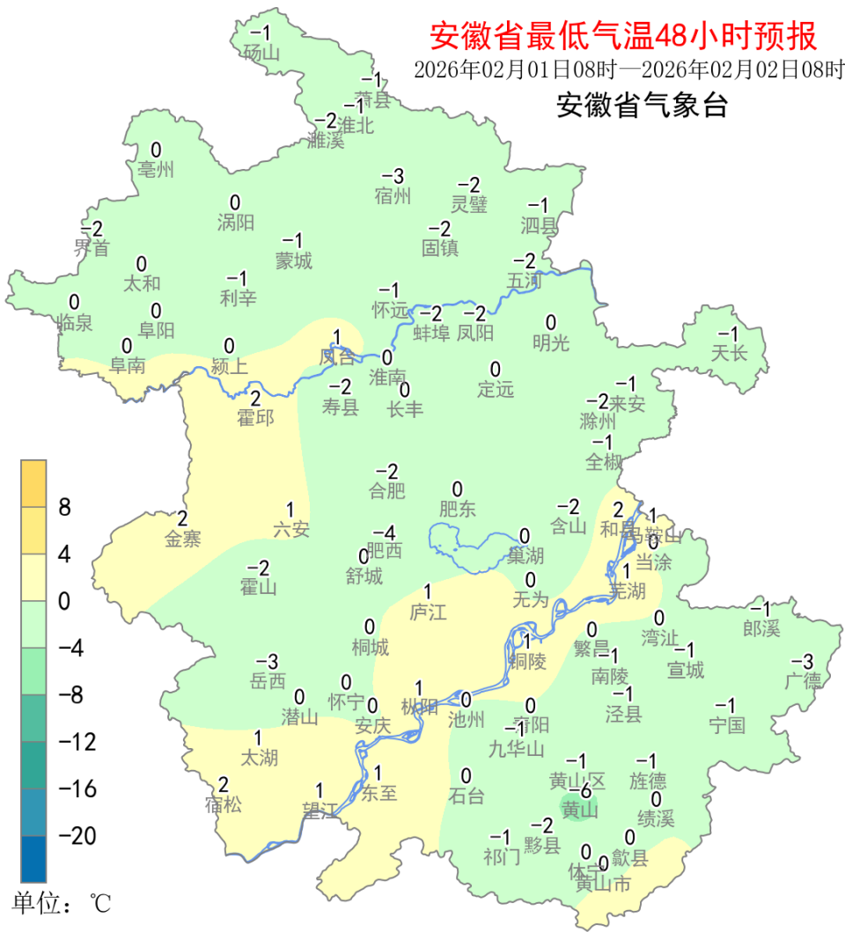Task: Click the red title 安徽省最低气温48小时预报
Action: (x=623, y=36)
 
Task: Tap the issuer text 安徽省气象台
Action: (x=642, y=106)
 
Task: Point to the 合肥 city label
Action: (x=387, y=491)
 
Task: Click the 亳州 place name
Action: (x=157, y=169)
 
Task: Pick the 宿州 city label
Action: (x=393, y=195)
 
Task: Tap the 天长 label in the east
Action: (x=729, y=354)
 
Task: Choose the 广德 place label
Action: (x=802, y=680)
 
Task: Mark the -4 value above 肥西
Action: (x=384, y=532)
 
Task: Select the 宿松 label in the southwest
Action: (x=223, y=803)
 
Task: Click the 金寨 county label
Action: (x=183, y=539)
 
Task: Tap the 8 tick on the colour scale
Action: (x=64, y=508)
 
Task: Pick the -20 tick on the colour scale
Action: (x=77, y=835)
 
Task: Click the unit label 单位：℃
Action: (x=62, y=903)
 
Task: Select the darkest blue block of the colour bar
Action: (x=33, y=859)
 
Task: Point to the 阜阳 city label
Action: (x=157, y=330)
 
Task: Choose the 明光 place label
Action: (x=551, y=342)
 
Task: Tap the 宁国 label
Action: (x=726, y=725)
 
